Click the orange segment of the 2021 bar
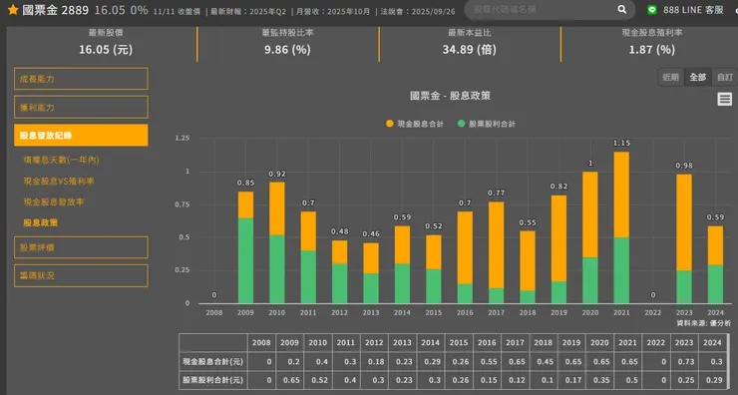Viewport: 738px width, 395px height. click(620, 195)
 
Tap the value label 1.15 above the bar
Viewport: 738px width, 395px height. click(621, 144)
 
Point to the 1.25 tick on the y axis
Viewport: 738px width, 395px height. click(181, 139)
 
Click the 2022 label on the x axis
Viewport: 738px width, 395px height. click(652, 312)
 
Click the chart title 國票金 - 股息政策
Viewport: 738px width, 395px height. click(450, 96)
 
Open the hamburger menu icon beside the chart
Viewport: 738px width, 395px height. click(725, 99)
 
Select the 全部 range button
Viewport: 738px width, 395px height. click(697, 77)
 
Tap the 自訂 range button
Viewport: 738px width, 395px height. click(724, 77)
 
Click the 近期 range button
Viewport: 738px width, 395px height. click(670, 77)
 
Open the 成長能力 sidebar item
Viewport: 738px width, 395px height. click(81, 79)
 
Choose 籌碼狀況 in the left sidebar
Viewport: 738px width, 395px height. click(81, 275)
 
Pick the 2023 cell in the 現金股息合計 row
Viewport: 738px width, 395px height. click(683, 362)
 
